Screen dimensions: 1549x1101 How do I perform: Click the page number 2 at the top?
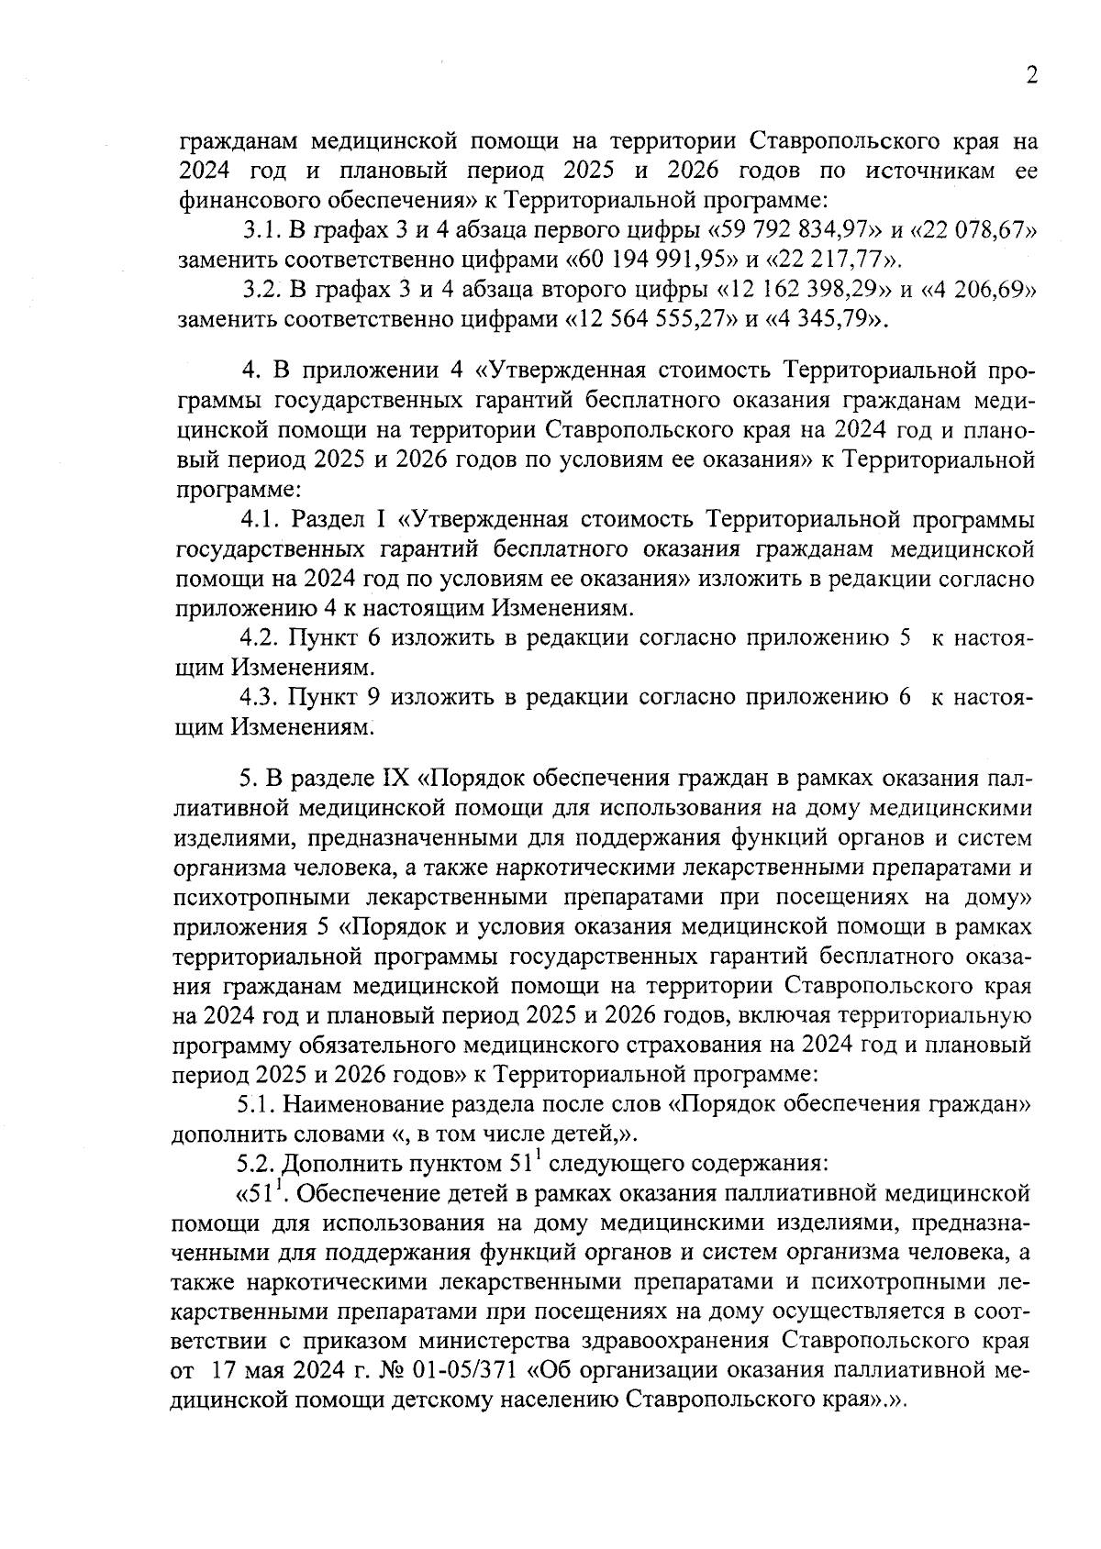tap(1031, 76)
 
